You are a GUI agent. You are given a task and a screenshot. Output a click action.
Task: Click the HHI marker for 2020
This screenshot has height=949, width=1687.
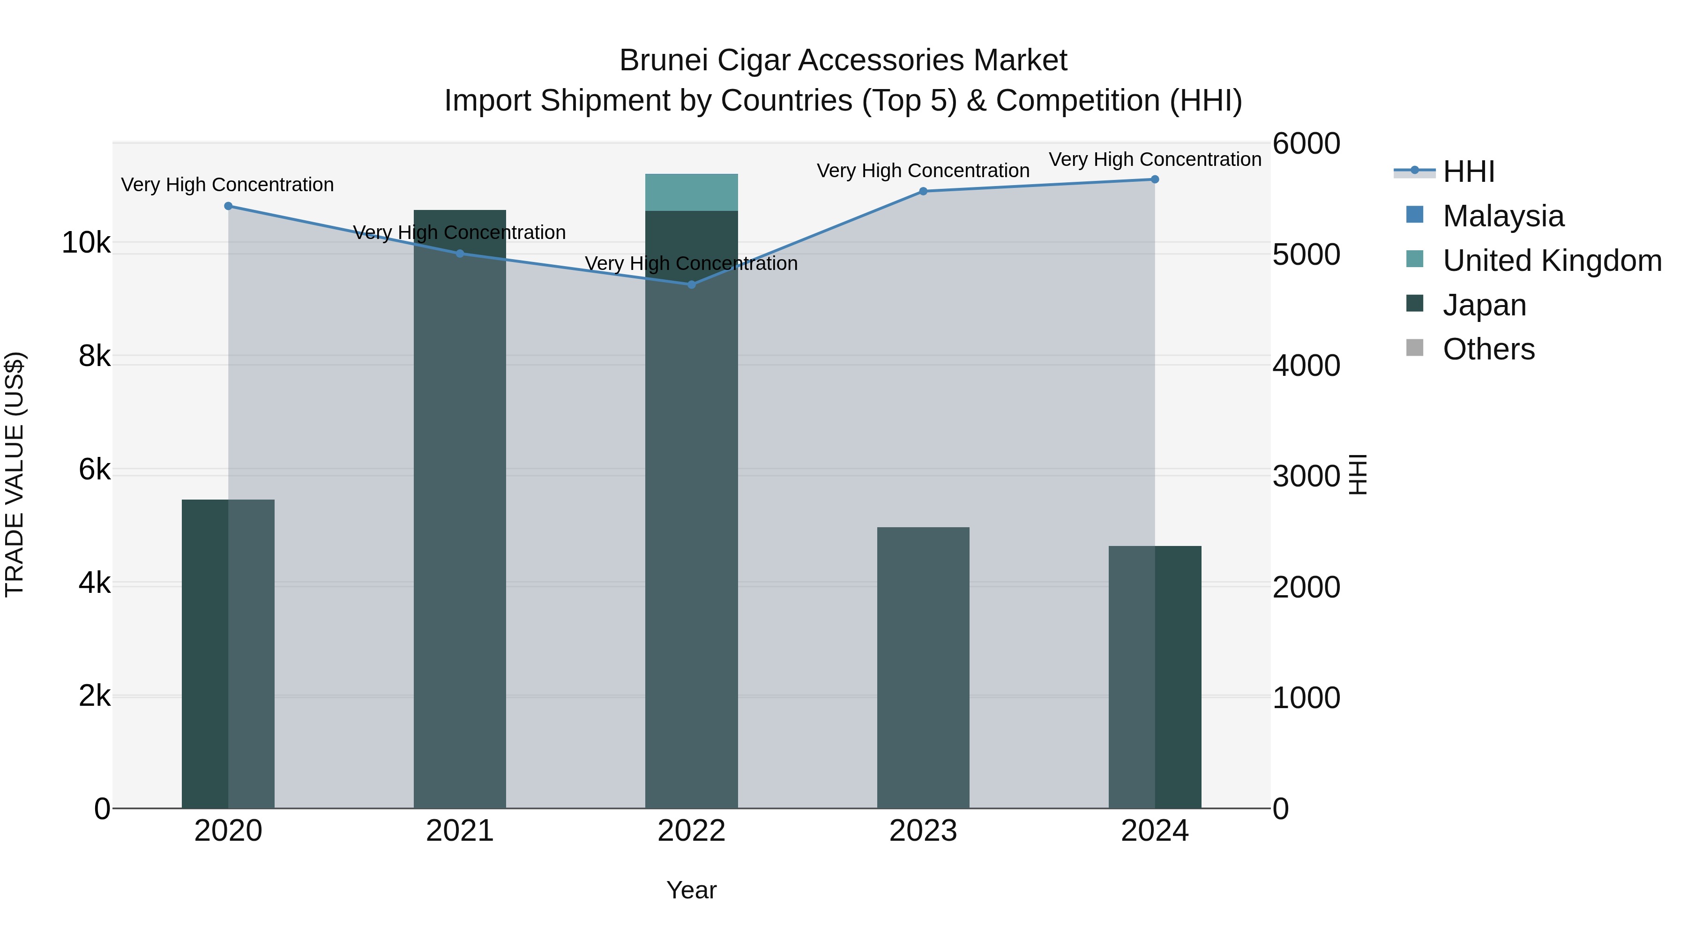click(228, 206)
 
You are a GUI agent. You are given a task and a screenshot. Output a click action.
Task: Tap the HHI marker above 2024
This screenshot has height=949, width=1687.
click(1155, 179)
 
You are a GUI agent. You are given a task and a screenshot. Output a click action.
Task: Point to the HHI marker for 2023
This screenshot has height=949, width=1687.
click(923, 191)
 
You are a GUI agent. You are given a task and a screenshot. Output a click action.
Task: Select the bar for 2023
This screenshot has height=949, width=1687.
click(923, 668)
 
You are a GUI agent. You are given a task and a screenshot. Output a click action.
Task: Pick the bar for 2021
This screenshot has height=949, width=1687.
click(460, 524)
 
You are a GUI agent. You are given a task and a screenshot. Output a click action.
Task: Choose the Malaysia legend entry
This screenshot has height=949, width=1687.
click(1502, 216)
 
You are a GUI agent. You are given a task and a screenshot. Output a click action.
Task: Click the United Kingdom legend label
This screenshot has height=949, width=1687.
click(1552, 260)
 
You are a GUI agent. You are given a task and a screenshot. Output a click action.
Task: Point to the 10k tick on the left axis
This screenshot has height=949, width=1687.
click(86, 243)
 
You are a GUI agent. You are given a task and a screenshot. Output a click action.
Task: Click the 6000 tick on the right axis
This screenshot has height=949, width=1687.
click(1306, 143)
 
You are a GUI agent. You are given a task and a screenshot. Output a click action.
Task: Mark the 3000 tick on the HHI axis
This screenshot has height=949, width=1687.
click(1306, 476)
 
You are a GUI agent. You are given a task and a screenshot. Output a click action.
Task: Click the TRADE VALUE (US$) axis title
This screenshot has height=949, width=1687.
click(15, 474)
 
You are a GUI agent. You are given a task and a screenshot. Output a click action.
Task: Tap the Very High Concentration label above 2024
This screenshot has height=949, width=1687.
click(1155, 159)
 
